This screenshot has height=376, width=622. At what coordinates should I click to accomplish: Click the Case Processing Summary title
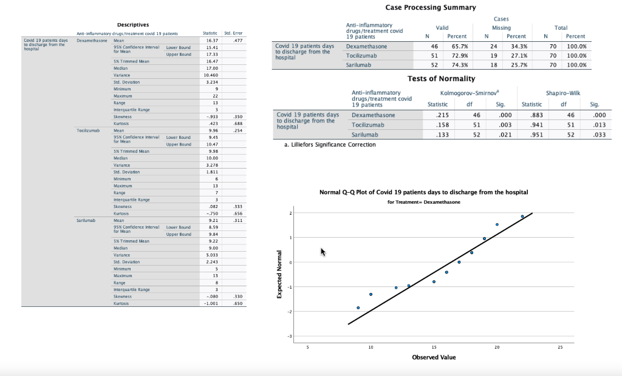pos(430,7)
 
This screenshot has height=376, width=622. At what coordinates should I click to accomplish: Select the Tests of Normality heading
pos(441,79)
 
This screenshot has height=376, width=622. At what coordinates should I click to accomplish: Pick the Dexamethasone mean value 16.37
pos(212,41)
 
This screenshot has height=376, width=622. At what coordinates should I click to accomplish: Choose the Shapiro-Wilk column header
pos(562,93)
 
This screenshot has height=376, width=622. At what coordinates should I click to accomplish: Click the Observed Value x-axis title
pos(434,357)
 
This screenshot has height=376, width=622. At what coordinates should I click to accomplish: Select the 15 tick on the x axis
pos(434,347)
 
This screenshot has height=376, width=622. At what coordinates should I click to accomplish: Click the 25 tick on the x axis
pos(560,347)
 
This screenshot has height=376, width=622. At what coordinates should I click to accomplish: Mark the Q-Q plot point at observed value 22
pos(522,217)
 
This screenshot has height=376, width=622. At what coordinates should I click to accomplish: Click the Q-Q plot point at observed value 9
pos(358,308)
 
